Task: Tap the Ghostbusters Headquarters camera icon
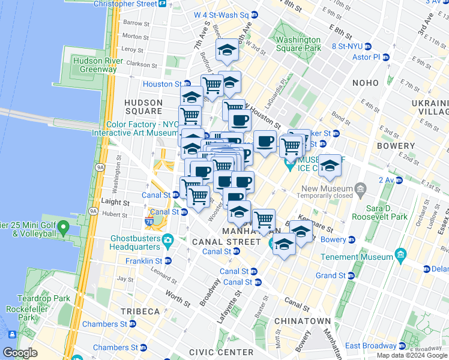[168, 241]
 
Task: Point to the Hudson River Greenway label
[94, 65]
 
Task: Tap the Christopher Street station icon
[162, 4]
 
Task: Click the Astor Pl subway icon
[385, 58]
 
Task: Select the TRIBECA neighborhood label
[140, 311]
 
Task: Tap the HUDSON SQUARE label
[143, 107]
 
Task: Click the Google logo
[20, 352]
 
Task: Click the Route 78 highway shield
[149, 222]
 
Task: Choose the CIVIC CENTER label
[220, 352]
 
